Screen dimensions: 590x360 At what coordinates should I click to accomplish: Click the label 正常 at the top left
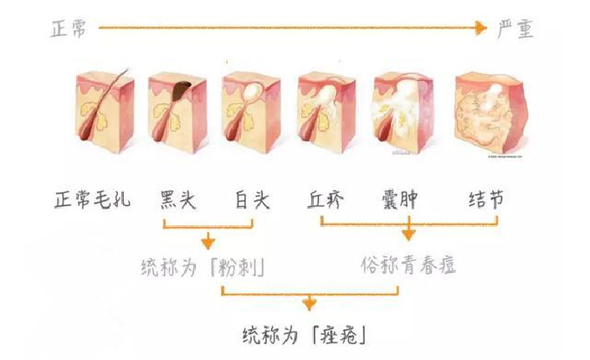69,29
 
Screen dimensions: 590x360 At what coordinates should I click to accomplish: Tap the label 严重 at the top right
516,29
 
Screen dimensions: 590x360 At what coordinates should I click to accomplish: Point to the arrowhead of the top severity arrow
480,28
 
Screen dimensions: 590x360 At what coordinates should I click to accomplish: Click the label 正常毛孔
93,199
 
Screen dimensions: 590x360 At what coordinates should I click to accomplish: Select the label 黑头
178,199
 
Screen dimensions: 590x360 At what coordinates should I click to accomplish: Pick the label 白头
253,199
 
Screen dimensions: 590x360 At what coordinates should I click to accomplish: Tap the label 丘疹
326,199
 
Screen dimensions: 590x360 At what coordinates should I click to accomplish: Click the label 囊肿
399,199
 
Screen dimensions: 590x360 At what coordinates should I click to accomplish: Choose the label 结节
486,199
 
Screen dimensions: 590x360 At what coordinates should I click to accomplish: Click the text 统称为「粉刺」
203,267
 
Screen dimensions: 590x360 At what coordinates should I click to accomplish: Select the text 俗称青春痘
408,265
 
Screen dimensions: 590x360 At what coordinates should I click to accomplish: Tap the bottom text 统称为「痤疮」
305,335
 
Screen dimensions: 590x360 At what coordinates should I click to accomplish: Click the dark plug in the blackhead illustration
181,91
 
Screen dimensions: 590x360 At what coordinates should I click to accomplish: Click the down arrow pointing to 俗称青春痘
408,229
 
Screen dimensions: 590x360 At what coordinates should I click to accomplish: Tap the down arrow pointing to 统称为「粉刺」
208,241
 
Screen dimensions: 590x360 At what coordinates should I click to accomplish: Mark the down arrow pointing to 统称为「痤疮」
309,302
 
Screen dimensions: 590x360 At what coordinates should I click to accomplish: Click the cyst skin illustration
403,112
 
